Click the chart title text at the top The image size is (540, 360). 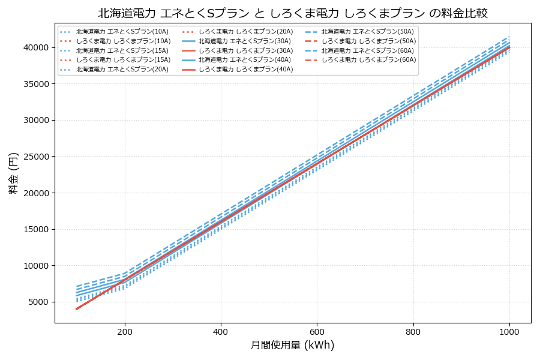292,13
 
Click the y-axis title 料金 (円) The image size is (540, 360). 13,173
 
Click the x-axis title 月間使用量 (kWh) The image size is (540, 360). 292,345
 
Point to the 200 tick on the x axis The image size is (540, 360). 125,331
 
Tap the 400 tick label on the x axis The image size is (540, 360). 221,331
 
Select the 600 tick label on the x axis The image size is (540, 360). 317,331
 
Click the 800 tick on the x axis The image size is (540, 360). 413,331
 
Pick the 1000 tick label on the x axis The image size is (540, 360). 509,331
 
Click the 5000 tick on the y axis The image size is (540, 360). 38,302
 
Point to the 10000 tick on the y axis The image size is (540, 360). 36,266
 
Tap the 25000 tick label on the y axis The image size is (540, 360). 36,157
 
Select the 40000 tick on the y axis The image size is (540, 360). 36,47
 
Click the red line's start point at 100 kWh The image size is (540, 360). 77,309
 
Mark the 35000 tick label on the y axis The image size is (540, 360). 36,84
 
